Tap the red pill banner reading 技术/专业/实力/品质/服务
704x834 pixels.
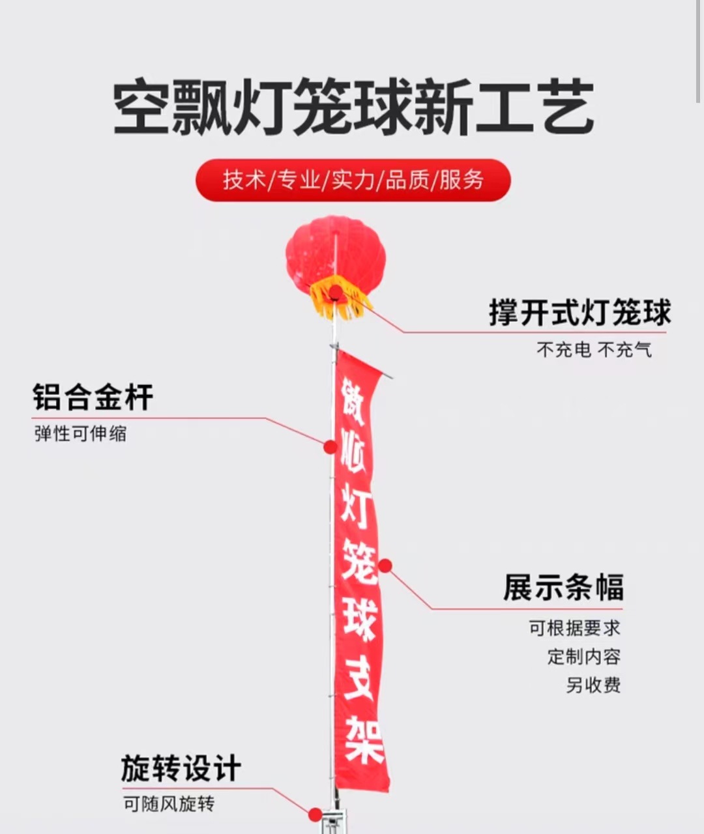(353, 180)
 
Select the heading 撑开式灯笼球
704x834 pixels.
(579, 313)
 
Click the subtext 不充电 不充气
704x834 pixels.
(594, 350)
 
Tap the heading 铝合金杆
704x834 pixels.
(93, 397)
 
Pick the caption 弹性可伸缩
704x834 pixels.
(80, 433)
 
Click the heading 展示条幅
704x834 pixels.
(563, 587)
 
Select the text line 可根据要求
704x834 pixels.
(574, 628)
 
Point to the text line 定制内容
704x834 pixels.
(583, 656)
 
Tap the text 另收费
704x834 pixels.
(593, 685)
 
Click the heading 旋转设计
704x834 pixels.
(181, 769)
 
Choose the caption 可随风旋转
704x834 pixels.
(168, 804)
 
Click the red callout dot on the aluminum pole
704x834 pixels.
(330, 447)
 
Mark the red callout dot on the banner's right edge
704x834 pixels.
(385, 566)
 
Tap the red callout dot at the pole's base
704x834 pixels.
(315, 814)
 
